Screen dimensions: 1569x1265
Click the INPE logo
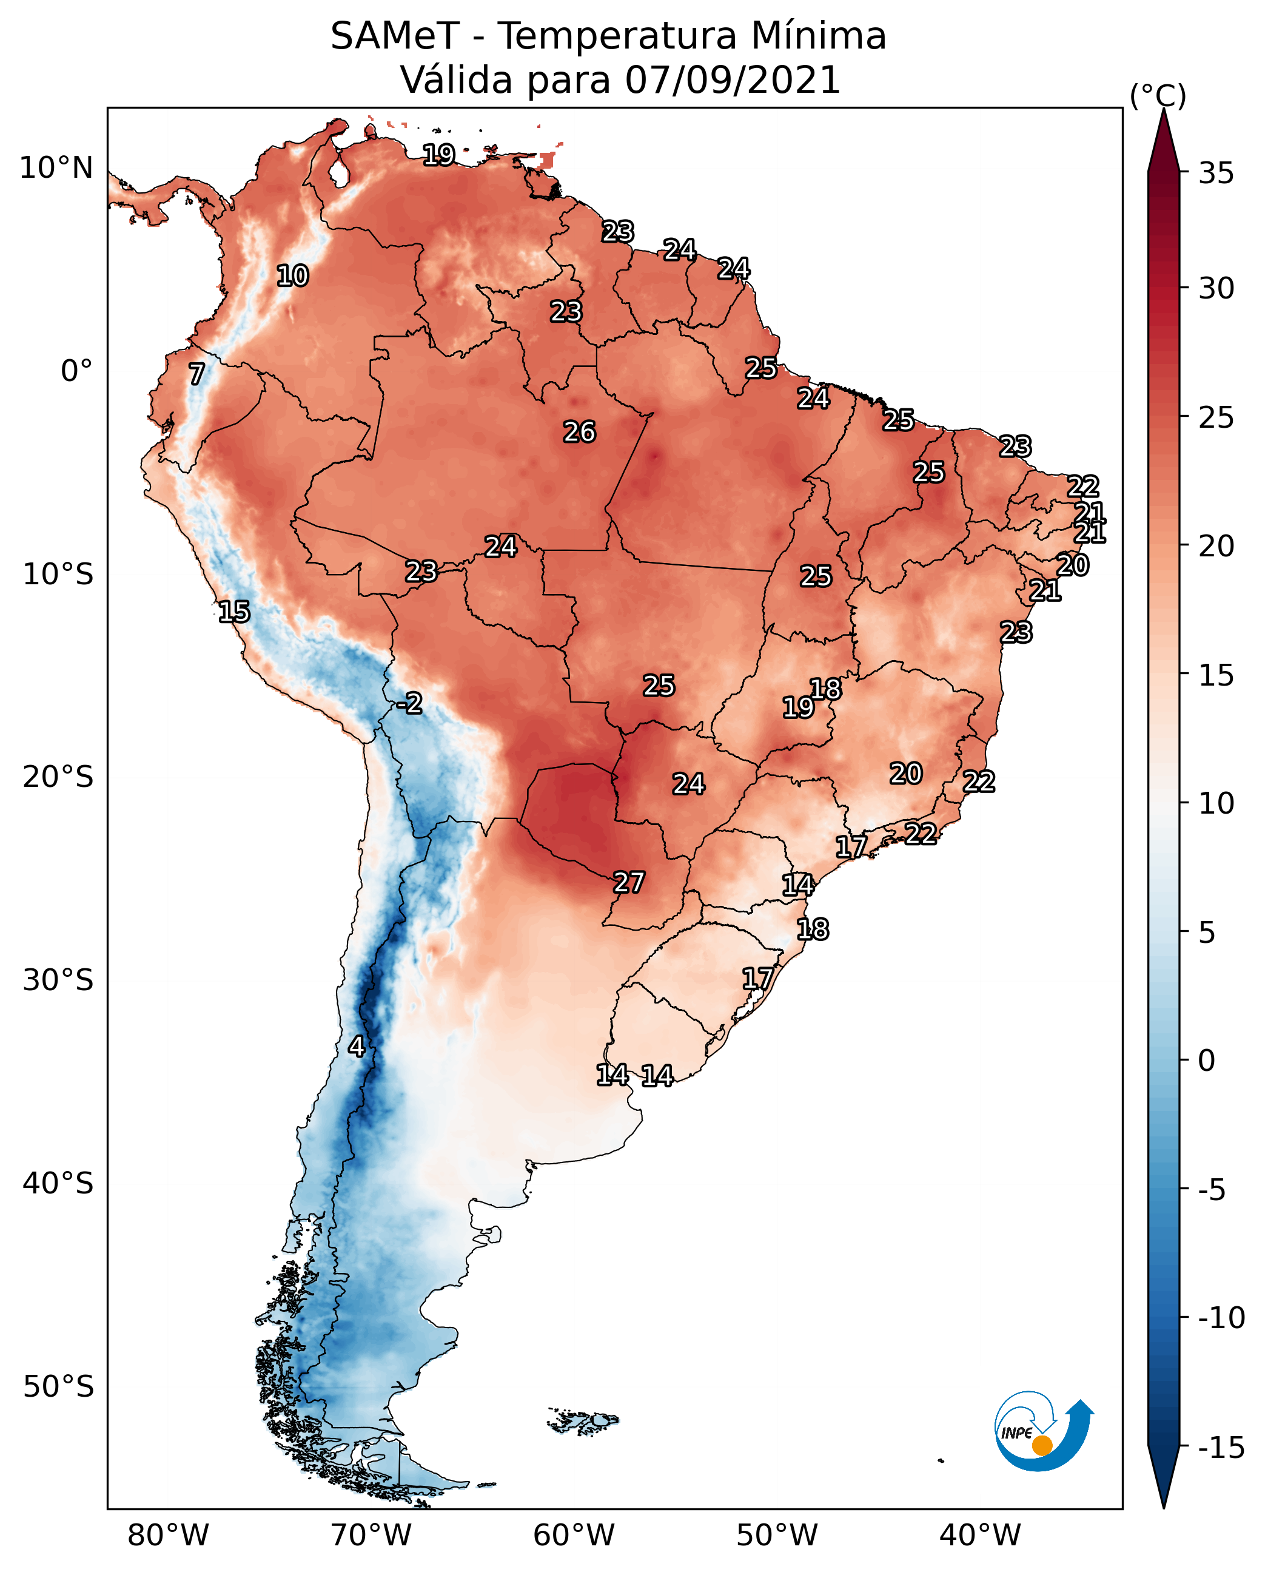click(x=1043, y=1431)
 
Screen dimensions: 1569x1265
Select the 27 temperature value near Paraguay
click(x=628, y=882)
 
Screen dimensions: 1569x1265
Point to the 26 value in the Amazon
click(x=579, y=433)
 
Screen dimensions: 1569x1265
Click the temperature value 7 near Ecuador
click(x=196, y=374)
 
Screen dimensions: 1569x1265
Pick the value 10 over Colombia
click(x=292, y=276)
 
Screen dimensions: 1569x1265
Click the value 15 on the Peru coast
click(x=234, y=612)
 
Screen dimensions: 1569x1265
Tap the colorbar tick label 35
click(x=1216, y=174)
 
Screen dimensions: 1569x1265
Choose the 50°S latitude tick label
click(x=58, y=1386)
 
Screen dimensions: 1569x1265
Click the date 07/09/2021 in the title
click(x=733, y=80)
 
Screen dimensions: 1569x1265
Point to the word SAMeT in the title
click(x=394, y=36)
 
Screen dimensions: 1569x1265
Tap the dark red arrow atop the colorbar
click(x=1164, y=142)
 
